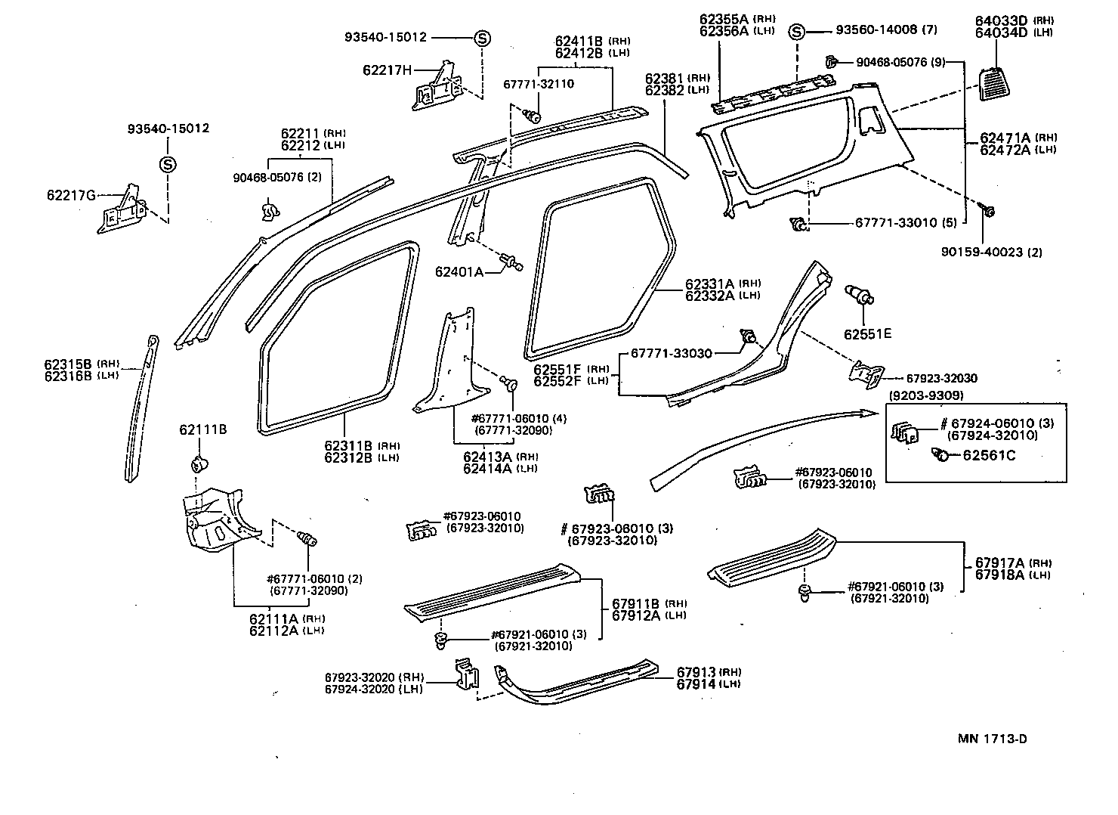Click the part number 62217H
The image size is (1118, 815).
click(387, 70)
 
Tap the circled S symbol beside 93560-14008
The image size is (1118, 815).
click(796, 32)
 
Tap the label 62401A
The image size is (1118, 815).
click(459, 271)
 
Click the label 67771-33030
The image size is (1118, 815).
click(671, 354)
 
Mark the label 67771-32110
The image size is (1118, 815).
click(539, 84)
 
